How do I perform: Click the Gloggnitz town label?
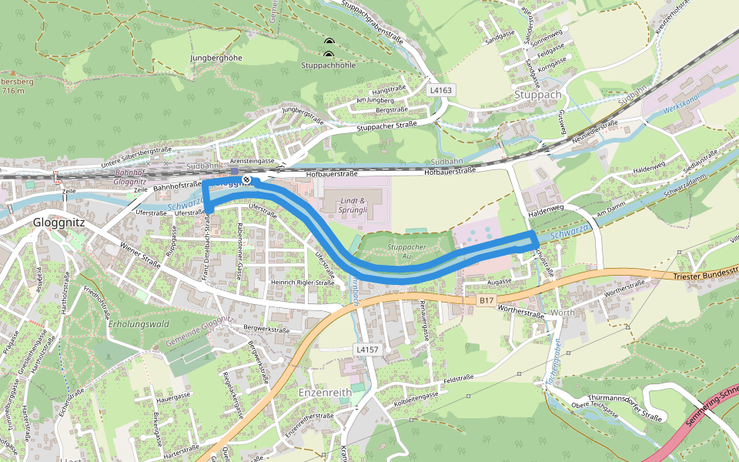pyautogui.click(x=60, y=222)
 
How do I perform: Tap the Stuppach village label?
pyautogui.click(x=540, y=95)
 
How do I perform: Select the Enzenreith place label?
pyautogui.click(x=324, y=392)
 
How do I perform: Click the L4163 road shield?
pyautogui.click(x=441, y=90)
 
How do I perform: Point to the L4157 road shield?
pyautogui.click(x=367, y=350)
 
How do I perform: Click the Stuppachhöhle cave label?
pyautogui.click(x=329, y=65)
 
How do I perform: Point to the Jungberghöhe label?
pyautogui.click(x=216, y=58)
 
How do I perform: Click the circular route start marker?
pyautogui.click(x=246, y=179)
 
